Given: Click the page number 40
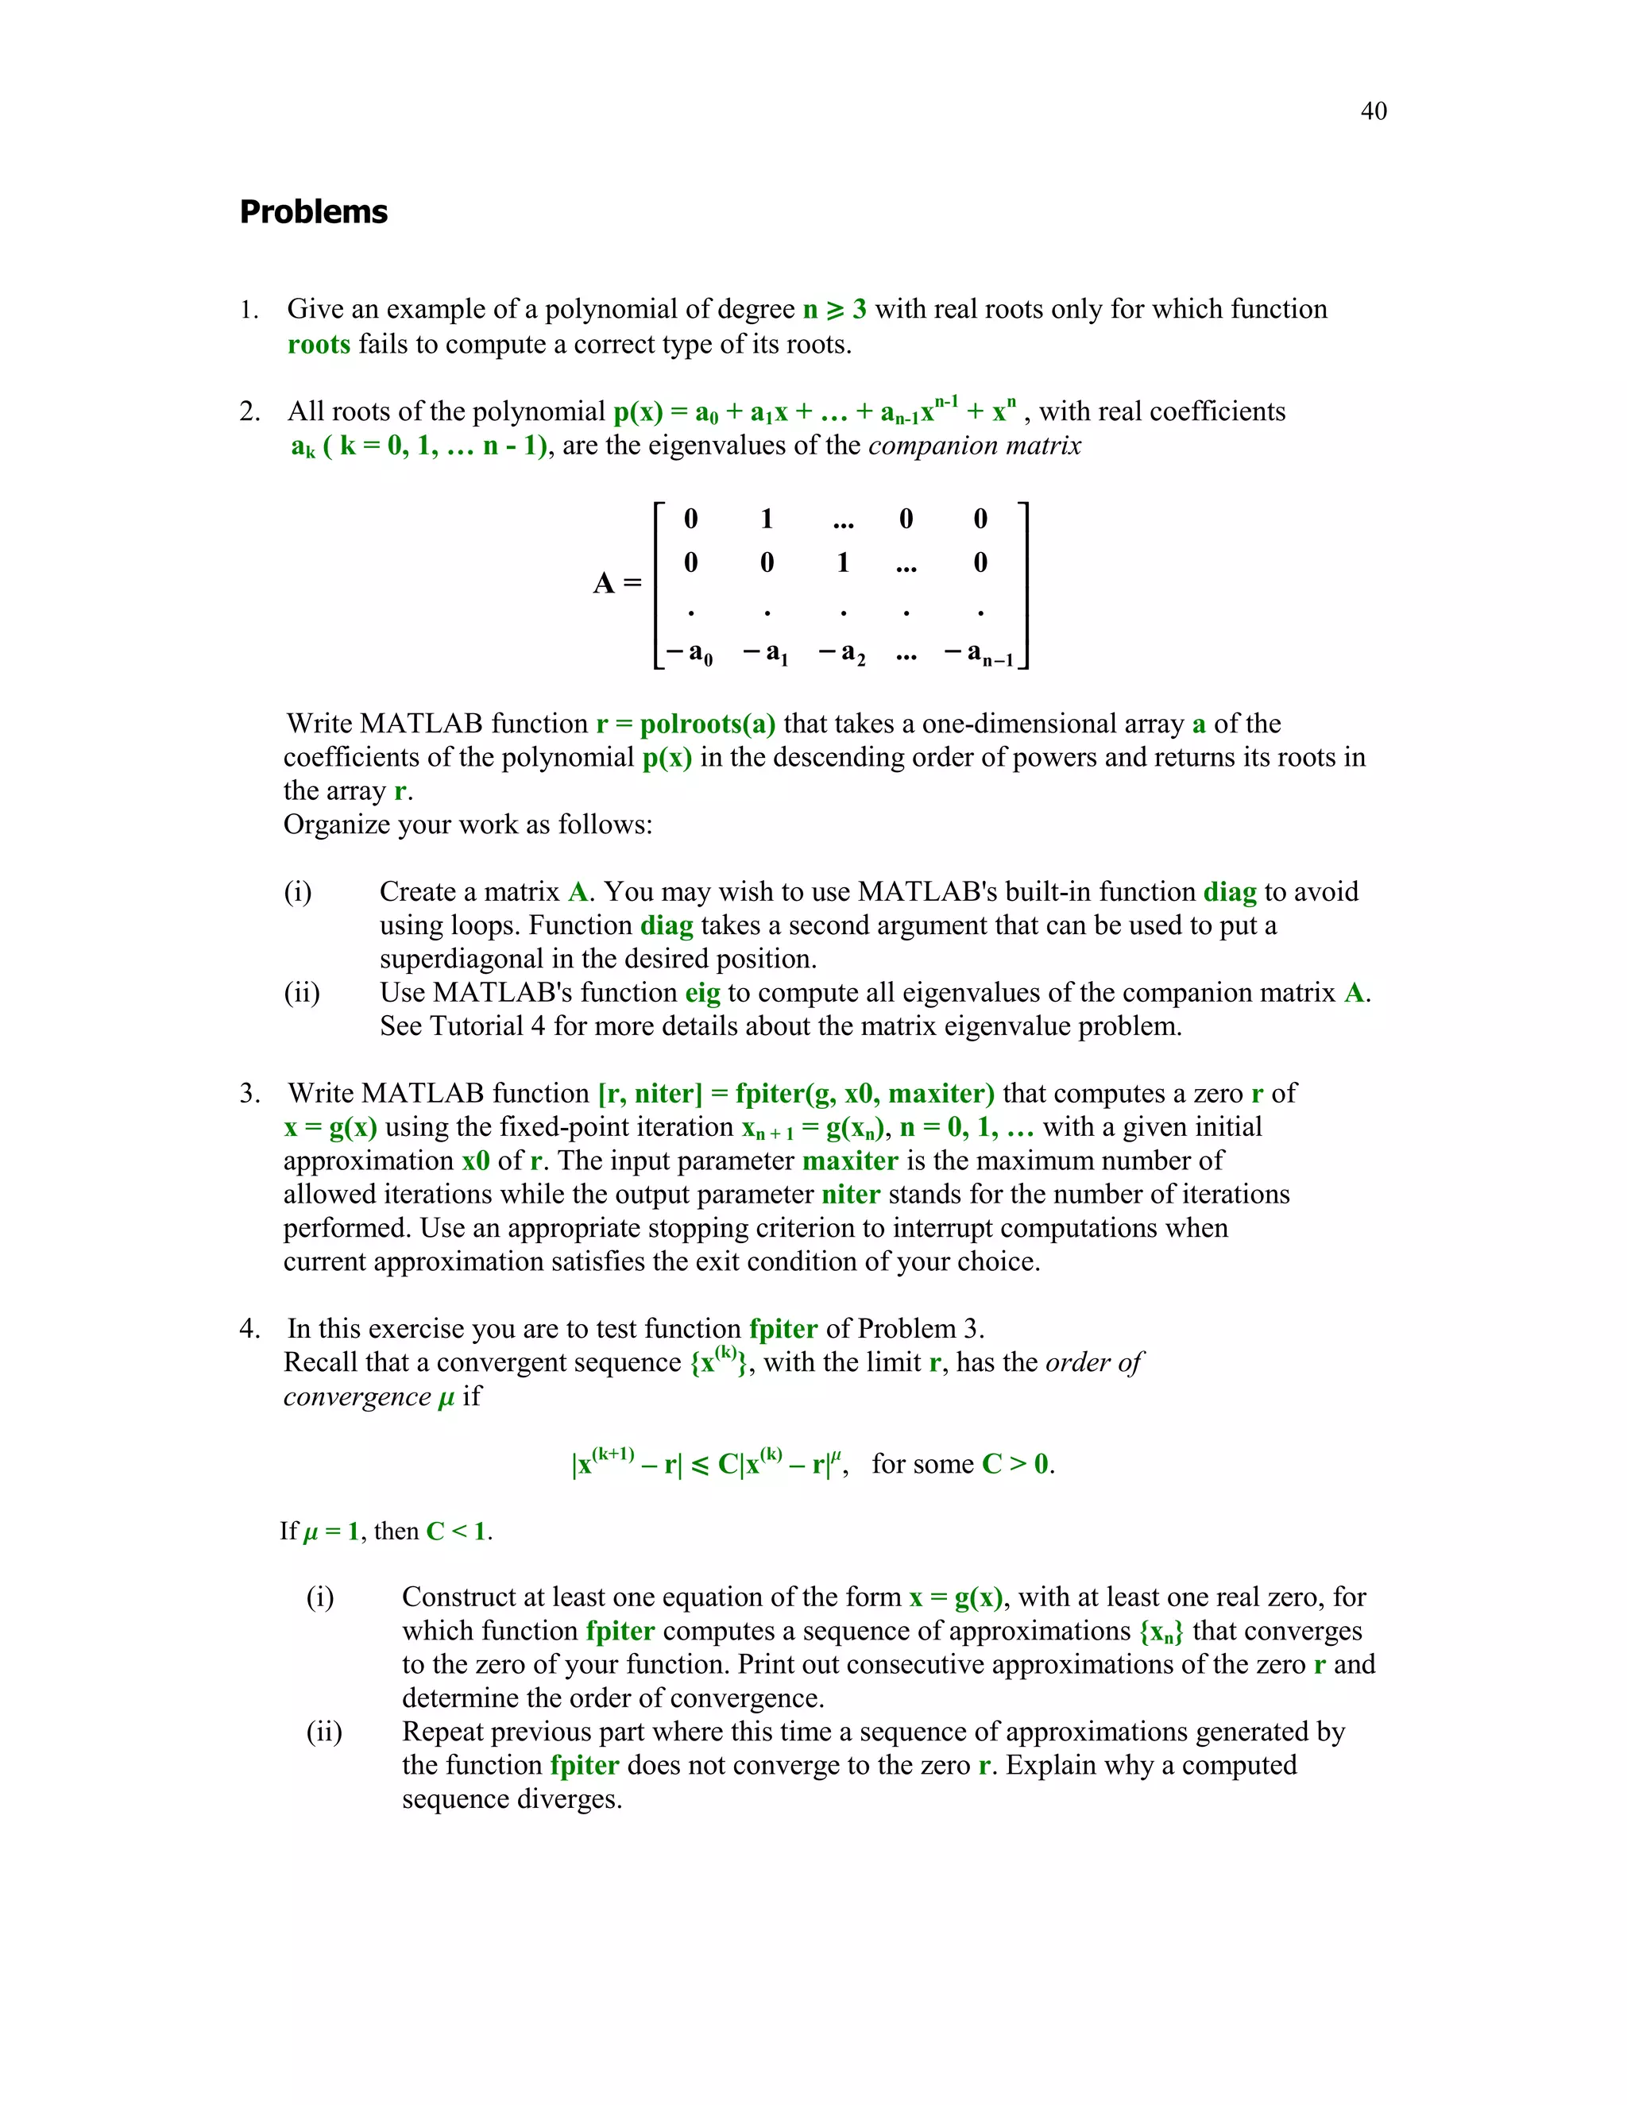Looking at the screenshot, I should point(1374,112).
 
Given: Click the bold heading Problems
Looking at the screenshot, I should point(313,212).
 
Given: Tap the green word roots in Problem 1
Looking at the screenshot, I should point(319,344).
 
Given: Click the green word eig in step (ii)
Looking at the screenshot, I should point(702,993).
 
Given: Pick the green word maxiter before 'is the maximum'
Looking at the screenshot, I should point(850,1161).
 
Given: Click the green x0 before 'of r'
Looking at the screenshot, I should point(476,1161).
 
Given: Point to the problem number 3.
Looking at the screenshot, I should point(249,1093).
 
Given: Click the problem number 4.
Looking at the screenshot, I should point(249,1329).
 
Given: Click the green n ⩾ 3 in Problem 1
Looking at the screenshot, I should point(835,309).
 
